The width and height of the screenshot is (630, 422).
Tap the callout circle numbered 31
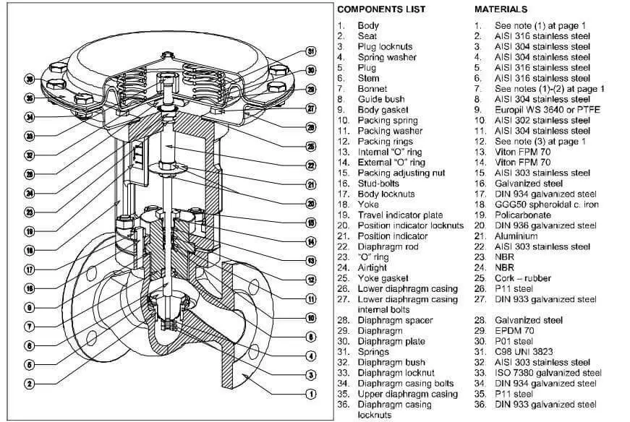pos(311,52)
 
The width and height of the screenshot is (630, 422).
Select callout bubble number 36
pos(30,79)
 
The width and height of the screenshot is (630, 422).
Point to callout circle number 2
pos(30,384)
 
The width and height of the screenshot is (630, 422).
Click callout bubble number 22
pos(311,165)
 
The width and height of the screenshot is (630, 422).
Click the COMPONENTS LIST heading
pos(381,9)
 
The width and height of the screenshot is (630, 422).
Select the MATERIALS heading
pos(501,9)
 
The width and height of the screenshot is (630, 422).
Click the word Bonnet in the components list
pos(373,89)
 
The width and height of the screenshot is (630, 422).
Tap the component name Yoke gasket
pos(383,278)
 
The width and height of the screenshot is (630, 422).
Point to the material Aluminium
pos(516,236)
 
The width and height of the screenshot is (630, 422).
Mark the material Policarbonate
pos(522,215)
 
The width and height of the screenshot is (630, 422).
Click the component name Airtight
pos(373,267)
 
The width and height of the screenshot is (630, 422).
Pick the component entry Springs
pos(374,352)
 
